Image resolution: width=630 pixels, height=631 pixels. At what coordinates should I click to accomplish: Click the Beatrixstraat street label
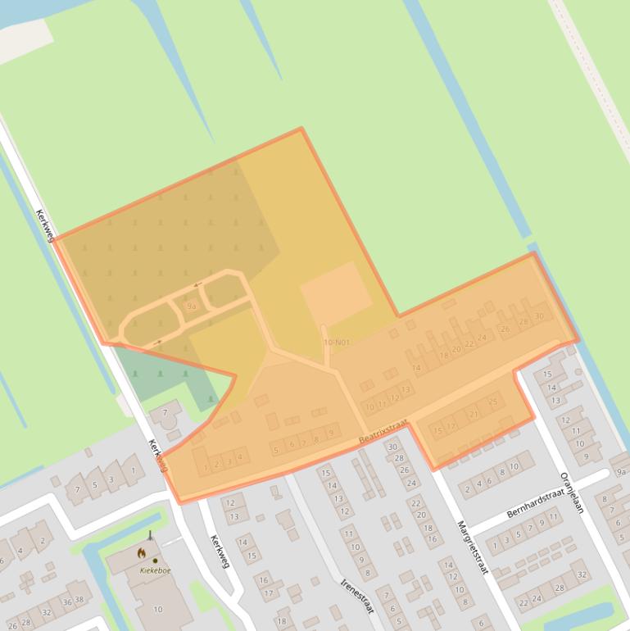383,432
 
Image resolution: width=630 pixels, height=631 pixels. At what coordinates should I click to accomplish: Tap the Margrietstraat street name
473,547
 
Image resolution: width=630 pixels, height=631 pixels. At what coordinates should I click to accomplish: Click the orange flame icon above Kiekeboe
141,553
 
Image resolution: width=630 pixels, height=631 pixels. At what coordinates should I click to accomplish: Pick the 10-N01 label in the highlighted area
336,343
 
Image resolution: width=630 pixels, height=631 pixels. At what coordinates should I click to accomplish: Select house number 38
79,598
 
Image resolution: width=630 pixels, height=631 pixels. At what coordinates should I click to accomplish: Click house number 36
67,603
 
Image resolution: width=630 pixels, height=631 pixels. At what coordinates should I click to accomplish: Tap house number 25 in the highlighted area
492,402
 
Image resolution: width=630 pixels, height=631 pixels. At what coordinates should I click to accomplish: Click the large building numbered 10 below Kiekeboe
158,609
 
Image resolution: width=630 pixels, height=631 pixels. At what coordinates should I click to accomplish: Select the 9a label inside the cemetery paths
192,306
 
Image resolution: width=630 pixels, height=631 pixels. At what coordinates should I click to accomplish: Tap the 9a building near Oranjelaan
621,472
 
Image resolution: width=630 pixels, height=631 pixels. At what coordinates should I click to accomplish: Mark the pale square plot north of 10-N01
336,293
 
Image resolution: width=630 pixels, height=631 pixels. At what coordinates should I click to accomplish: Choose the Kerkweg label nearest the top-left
45,225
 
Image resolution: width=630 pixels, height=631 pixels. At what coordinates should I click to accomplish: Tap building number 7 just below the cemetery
165,411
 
